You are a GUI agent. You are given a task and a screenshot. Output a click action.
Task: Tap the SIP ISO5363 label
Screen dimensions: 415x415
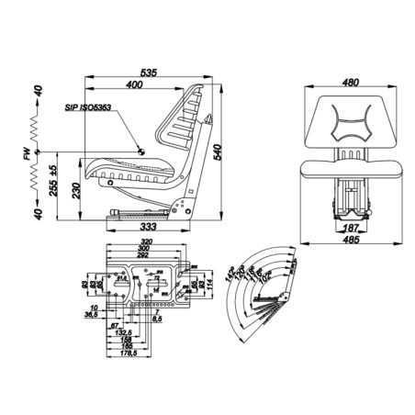pyautogui.click(x=87, y=107)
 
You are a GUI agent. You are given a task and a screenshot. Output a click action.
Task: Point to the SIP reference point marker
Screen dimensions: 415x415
pyautogui.click(x=141, y=151)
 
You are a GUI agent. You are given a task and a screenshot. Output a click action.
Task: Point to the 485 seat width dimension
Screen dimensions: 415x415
pyautogui.click(x=348, y=241)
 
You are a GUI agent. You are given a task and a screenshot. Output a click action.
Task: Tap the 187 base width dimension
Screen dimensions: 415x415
pyautogui.click(x=348, y=227)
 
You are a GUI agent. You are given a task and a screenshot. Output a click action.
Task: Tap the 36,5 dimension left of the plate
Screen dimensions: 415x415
pyautogui.click(x=93, y=314)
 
